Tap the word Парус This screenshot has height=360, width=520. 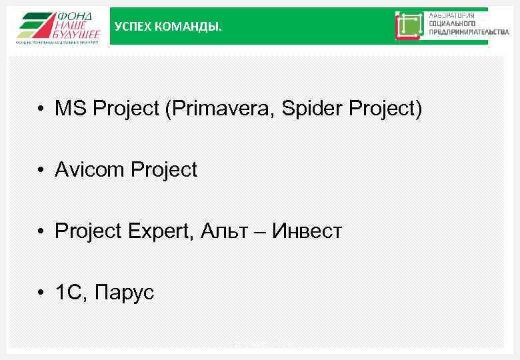[x=125, y=293]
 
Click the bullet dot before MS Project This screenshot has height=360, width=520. [x=41, y=109]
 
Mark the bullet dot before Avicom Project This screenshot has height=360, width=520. [x=41, y=171]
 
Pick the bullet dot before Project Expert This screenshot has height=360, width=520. [x=41, y=232]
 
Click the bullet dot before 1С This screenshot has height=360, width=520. [x=41, y=293]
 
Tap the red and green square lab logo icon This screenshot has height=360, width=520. [x=409, y=26]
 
